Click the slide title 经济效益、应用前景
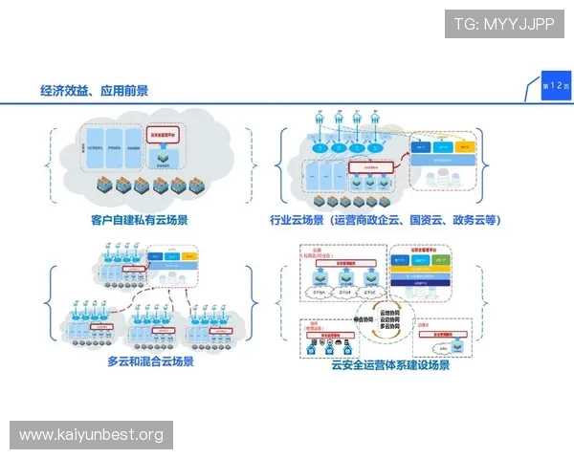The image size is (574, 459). [x=95, y=91]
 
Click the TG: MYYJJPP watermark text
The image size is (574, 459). [x=504, y=24]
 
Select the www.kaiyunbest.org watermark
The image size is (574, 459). [x=92, y=435]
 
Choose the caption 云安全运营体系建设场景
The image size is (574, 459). [x=390, y=363]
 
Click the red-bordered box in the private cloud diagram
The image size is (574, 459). [x=168, y=136]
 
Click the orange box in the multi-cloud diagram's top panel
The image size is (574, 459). [x=183, y=257]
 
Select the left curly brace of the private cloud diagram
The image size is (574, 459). [x=47, y=164]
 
